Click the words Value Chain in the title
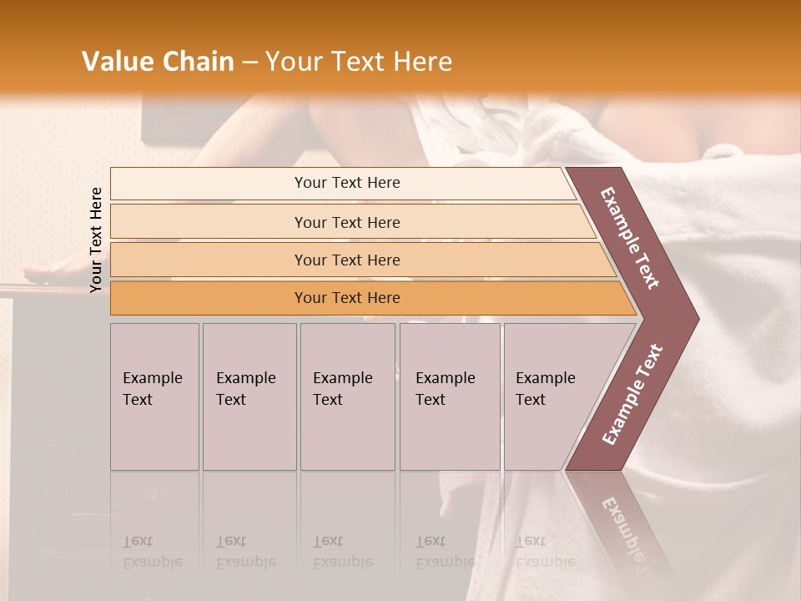[x=158, y=62]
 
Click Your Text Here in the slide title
[x=359, y=62]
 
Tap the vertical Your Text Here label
[x=96, y=240]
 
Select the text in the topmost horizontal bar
[x=347, y=183]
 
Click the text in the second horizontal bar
[x=347, y=223]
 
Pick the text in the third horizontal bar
[x=347, y=260]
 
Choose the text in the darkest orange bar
[x=347, y=298]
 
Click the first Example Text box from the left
[x=153, y=389]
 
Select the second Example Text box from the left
[x=246, y=389]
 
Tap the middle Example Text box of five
[x=343, y=389]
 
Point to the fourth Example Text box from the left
[x=446, y=389]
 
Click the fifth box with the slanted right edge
[x=546, y=389]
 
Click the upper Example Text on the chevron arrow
[x=630, y=238]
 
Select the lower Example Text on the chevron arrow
[x=632, y=395]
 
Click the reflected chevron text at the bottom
[x=627, y=534]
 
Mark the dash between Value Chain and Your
[x=249, y=62]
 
